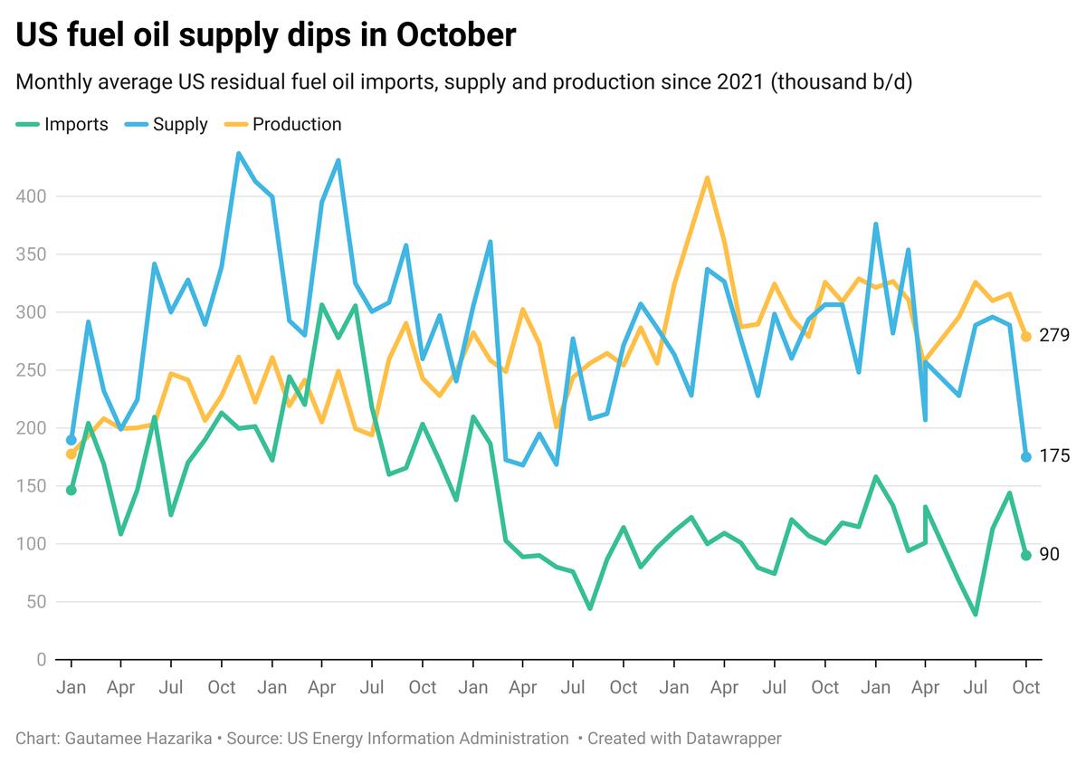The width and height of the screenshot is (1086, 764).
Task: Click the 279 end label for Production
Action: click(1055, 336)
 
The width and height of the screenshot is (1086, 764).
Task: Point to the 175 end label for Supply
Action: click(1055, 456)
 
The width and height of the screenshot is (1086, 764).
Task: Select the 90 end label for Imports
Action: click(1050, 555)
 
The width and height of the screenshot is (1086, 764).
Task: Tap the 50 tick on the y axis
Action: click(36, 602)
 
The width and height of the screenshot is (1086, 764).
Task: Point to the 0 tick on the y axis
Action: click(41, 660)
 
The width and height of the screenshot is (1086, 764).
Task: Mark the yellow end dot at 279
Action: click(1026, 337)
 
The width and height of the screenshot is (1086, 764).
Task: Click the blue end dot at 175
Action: click(1026, 457)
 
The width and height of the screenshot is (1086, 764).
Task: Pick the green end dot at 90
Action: click(1026, 556)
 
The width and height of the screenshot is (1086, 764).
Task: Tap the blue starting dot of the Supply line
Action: click(71, 440)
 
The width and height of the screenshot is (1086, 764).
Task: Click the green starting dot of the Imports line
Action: click(71, 490)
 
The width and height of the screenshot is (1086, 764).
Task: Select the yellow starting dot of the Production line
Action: click(71, 454)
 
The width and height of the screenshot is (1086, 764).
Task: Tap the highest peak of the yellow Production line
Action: click(707, 177)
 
